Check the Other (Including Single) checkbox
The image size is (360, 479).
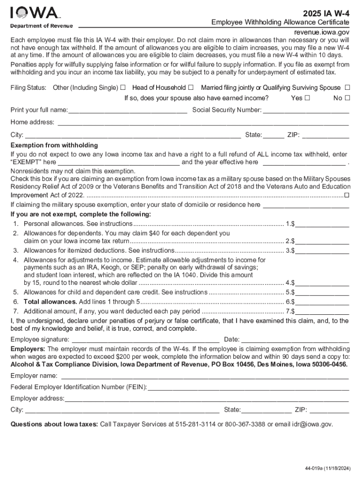point(122,87)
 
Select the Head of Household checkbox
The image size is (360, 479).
point(191,87)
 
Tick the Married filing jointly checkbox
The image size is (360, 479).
point(347,87)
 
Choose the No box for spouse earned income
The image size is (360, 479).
point(347,98)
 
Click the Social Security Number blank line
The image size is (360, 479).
point(306,111)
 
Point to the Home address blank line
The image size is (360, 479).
point(202,123)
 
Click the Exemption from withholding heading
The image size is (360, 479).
point(54,145)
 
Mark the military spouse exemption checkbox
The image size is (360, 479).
point(346,195)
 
